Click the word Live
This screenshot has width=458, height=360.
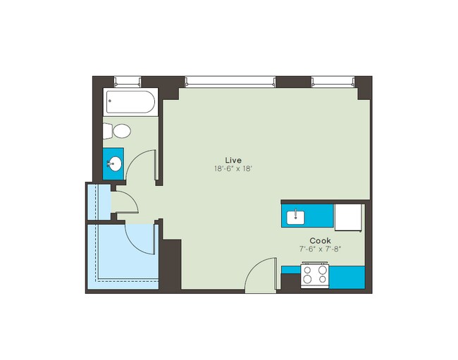[233, 159]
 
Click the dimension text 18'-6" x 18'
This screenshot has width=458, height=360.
[233, 168]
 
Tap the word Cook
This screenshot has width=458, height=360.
[320, 240]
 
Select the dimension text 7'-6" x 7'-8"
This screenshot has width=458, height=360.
[321, 249]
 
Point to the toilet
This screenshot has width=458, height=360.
[118, 131]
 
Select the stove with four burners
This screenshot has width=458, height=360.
[315, 275]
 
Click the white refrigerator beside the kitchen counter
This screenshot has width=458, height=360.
[348, 218]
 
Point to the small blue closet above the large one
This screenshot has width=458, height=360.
[98, 203]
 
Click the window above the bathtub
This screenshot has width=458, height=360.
[128, 81]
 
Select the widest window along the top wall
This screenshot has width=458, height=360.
[230, 81]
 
